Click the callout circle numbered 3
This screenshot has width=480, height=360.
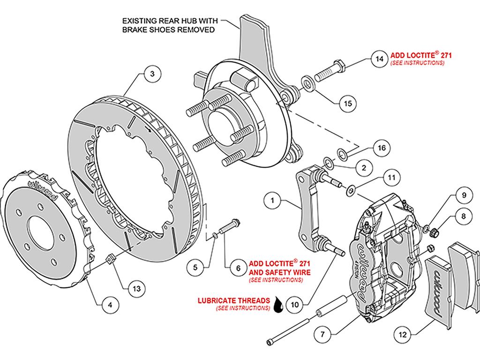pos(152,74)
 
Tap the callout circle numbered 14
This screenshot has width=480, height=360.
pos(379,59)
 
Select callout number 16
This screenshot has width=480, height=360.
pos(382,148)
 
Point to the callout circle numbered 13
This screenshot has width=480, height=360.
pos(136,288)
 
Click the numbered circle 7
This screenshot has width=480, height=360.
pos(322,334)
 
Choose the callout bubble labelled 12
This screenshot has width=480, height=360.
pos(403,335)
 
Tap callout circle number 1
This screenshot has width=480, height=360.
pos(272,201)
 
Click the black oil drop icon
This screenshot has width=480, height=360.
pos(278,305)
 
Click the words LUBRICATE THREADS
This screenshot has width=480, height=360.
pos(234,300)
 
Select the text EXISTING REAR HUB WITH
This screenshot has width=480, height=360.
pos(170,21)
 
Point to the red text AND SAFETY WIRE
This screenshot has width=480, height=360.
pos(279,272)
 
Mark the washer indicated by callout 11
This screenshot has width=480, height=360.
pos(351,190)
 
